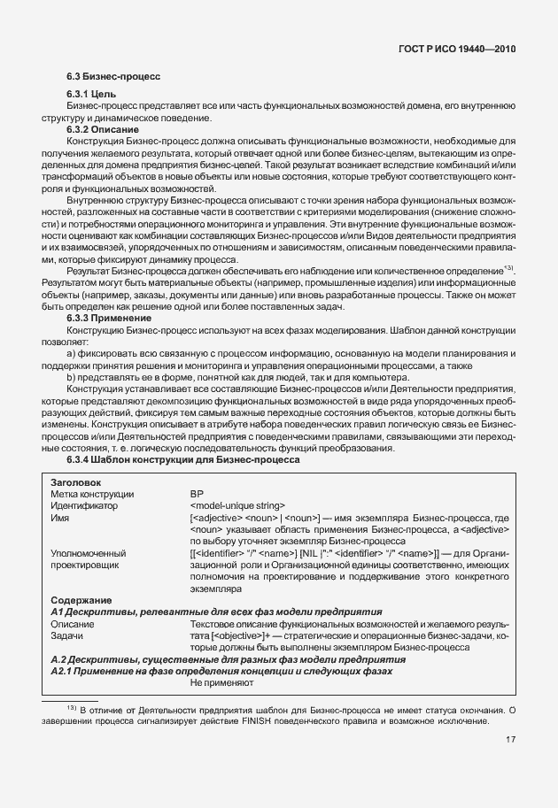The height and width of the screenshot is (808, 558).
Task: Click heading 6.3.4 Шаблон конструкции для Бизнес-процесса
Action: point(183,461)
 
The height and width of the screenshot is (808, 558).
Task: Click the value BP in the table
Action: point(197,494)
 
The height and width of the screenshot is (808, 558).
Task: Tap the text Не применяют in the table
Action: point(221,682)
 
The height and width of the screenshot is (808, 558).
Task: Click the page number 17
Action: point(512,741)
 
